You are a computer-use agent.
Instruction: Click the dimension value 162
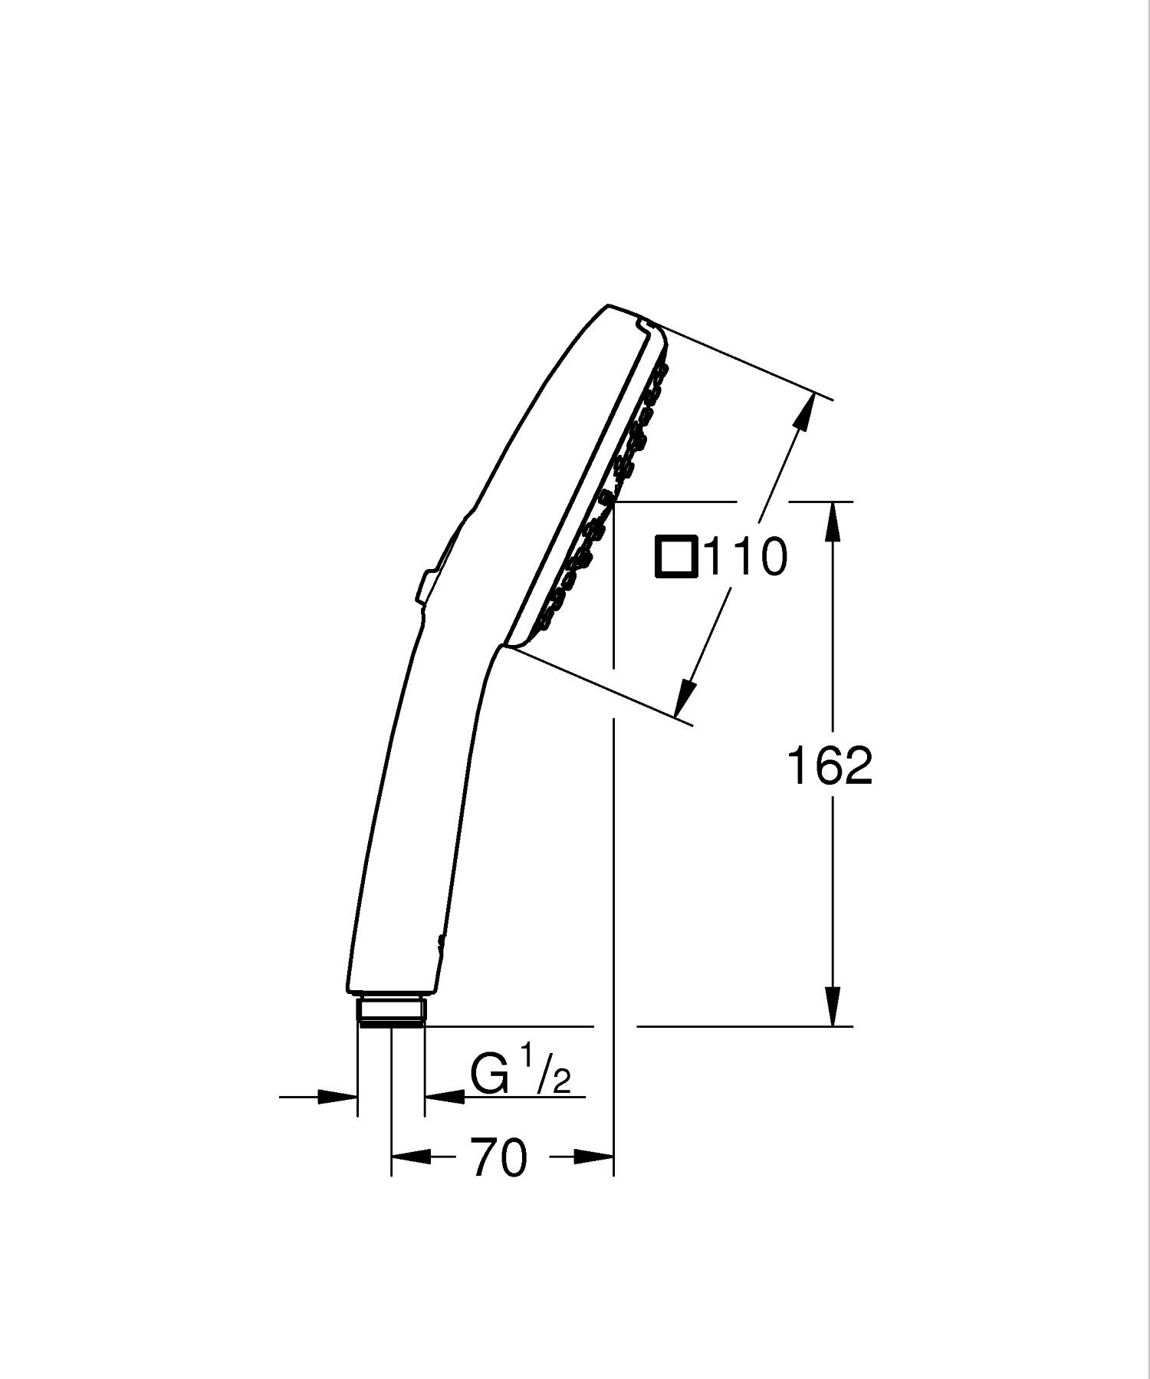pyautogui.click(x=830, y=765)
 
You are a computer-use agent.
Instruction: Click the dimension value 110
pyautogui.click(x=745, y=557)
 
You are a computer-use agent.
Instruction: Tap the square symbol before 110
pyautogui.click(x=676, y=557)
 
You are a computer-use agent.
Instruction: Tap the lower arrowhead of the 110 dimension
pyautogui.click(x=686, y=698)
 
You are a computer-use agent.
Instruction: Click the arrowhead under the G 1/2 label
pyautogui.click(x=445, y=1097)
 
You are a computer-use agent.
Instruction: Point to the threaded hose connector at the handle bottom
pyautogui.click(x=391, y=1010)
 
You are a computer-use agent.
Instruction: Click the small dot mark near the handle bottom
pyautogui.click(x=439, y=940)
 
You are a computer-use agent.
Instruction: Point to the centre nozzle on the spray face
pyautogui.click(x=608, y=499)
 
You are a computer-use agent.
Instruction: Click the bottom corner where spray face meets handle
pyautogui.click(x=503, y=646)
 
